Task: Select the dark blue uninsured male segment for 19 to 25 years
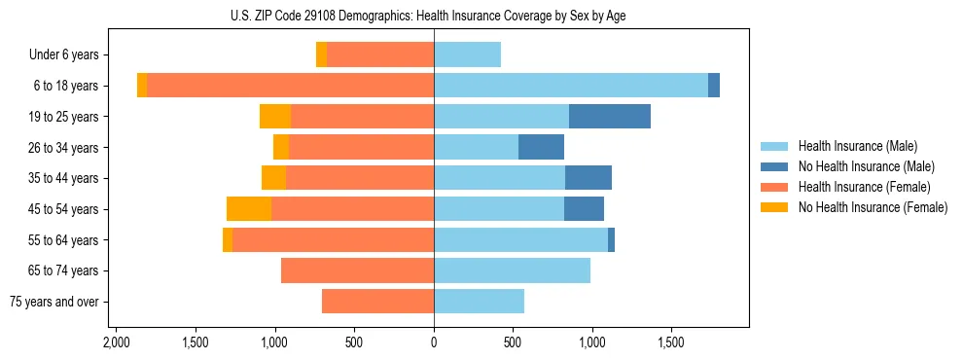point(610,117)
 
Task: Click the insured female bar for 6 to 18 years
point(290,86)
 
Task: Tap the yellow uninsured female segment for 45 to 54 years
point(249,209)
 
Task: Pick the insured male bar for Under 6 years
point(467,54)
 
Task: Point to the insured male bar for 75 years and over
point(479,302)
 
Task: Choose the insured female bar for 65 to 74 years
point(357,270)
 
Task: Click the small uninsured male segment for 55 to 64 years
point(611,240)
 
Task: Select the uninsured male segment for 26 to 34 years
point(541,148)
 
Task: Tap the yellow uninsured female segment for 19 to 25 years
point(275,117)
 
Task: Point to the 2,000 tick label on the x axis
point(116,343)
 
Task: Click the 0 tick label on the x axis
point(434,343)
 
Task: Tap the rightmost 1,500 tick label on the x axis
point(672,343)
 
